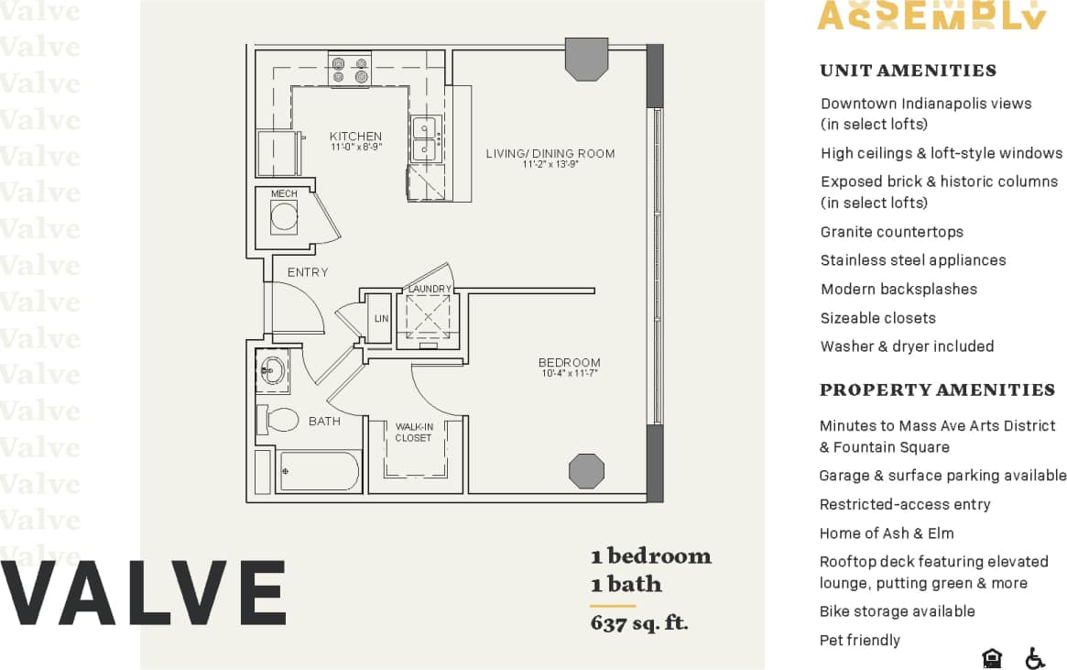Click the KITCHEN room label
355,137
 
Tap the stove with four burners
349,71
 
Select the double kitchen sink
424,138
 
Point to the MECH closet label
284,194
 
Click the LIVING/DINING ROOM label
550,153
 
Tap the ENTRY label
307,272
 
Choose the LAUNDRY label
430,290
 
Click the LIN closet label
381,319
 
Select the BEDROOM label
569,363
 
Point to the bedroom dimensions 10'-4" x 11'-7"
569,374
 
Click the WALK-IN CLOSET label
413,433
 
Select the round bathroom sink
271,370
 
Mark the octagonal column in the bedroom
586,471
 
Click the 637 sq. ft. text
638,624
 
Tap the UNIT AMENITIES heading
908,71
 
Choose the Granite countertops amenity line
891,232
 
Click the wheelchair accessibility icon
1035,658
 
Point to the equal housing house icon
991,658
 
